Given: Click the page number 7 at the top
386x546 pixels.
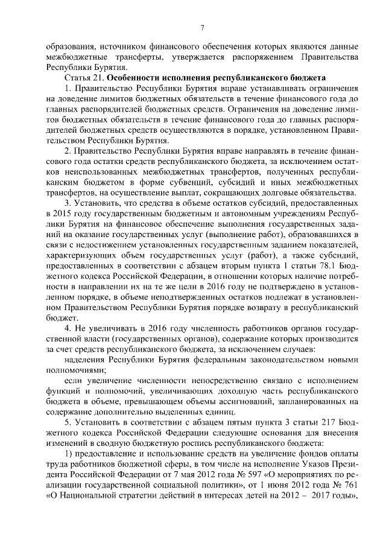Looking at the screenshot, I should [x=203, y=27].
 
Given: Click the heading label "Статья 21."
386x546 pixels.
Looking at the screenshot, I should [x=84, y=78].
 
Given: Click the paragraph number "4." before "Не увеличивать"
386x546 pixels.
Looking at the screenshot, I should [x=68, y=328].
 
